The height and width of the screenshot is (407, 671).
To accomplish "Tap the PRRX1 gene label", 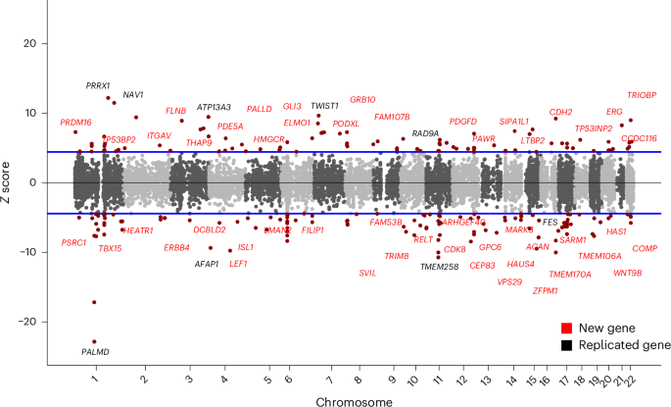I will (x=98, y=85).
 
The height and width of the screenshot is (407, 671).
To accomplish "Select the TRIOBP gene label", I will (x=642, y=95).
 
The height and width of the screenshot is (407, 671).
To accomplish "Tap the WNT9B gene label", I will (x=628, y=273).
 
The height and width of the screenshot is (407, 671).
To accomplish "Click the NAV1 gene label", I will (x=133, y=95).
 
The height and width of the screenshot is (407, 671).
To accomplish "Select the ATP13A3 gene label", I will (x=214, y=107).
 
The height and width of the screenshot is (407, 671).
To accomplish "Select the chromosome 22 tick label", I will (x=629, y=378).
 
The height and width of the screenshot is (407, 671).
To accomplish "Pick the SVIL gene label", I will (x=367, y=273).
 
